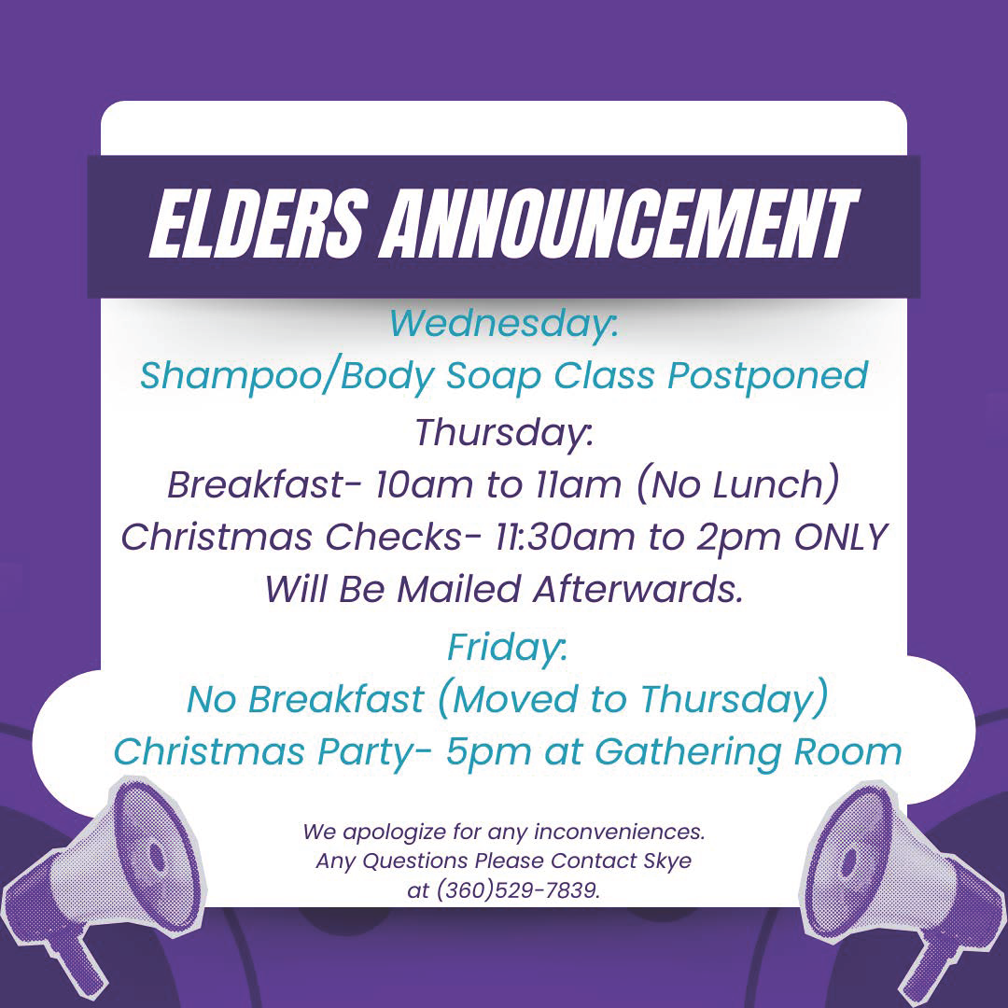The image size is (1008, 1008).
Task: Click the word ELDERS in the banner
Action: [259, 224]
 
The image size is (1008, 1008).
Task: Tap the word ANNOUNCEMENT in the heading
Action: [619, 224]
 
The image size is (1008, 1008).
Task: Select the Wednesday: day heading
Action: [503, 322]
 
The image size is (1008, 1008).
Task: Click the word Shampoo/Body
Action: [287, 375]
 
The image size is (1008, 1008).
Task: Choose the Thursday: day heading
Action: [503, 431]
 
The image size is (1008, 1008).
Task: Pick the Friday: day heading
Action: [507, 647]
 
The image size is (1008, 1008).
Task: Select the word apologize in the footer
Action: [393, 833]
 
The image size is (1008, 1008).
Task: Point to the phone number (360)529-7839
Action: [517, 890]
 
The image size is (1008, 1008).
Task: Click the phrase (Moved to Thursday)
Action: [632, 699]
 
